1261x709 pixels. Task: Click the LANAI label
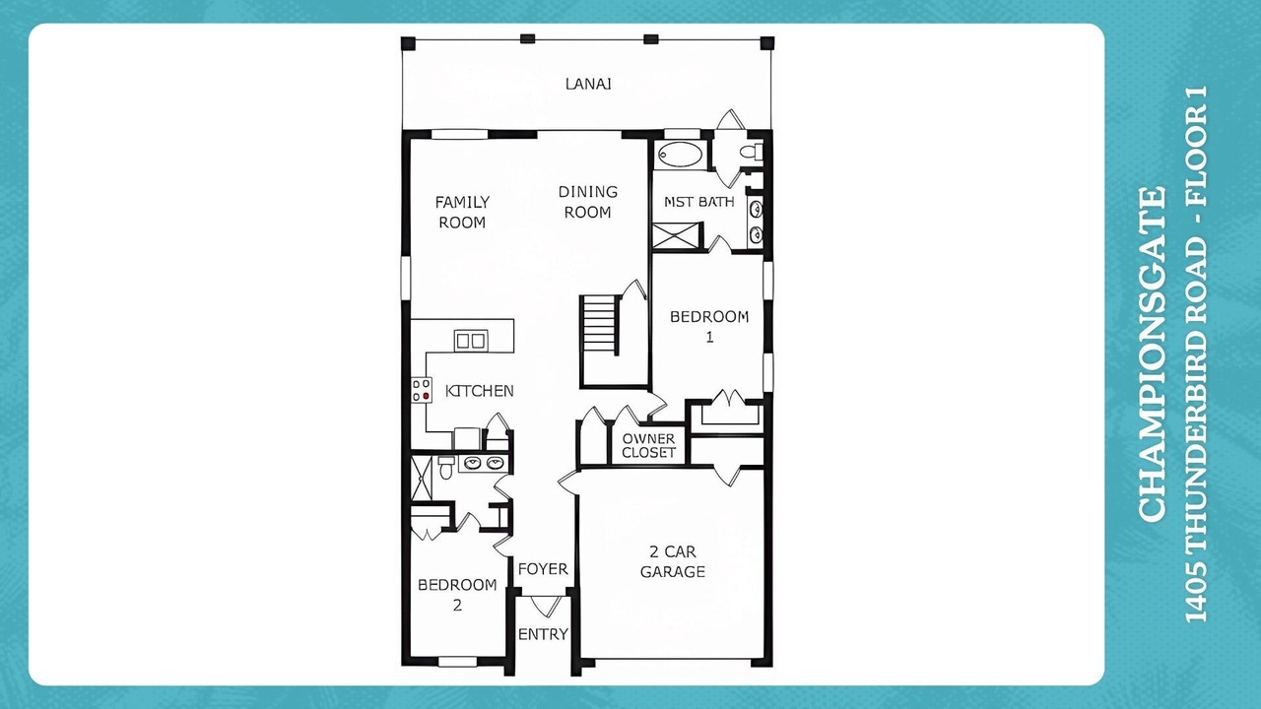coord(588,84)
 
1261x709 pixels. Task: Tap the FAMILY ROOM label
coord(462,212)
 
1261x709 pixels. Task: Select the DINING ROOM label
coord(588,202)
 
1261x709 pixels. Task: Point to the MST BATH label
coord(699,202)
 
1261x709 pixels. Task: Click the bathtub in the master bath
coord(680,155)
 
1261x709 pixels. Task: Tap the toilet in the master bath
coord(751,152)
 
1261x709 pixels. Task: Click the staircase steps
coord(601,325)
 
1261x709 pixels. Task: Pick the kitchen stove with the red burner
coord(421,390)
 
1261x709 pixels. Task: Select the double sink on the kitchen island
coord(471,341)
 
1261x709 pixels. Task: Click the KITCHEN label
coord(479,391)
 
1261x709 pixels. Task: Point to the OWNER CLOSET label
coord(648,446)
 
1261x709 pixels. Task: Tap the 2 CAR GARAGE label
coord(673,561)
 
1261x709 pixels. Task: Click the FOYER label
coord(543,569)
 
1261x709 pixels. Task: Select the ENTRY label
coord(543,634)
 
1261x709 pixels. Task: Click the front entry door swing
coord(546,606)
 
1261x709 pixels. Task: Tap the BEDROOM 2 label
coord(457,595)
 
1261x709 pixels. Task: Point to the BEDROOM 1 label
coord(709,327)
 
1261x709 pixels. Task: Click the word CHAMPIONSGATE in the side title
coord(1152,354)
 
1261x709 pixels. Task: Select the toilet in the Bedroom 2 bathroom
coord(446,468)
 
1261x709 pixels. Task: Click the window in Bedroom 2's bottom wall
coord(457,662)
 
